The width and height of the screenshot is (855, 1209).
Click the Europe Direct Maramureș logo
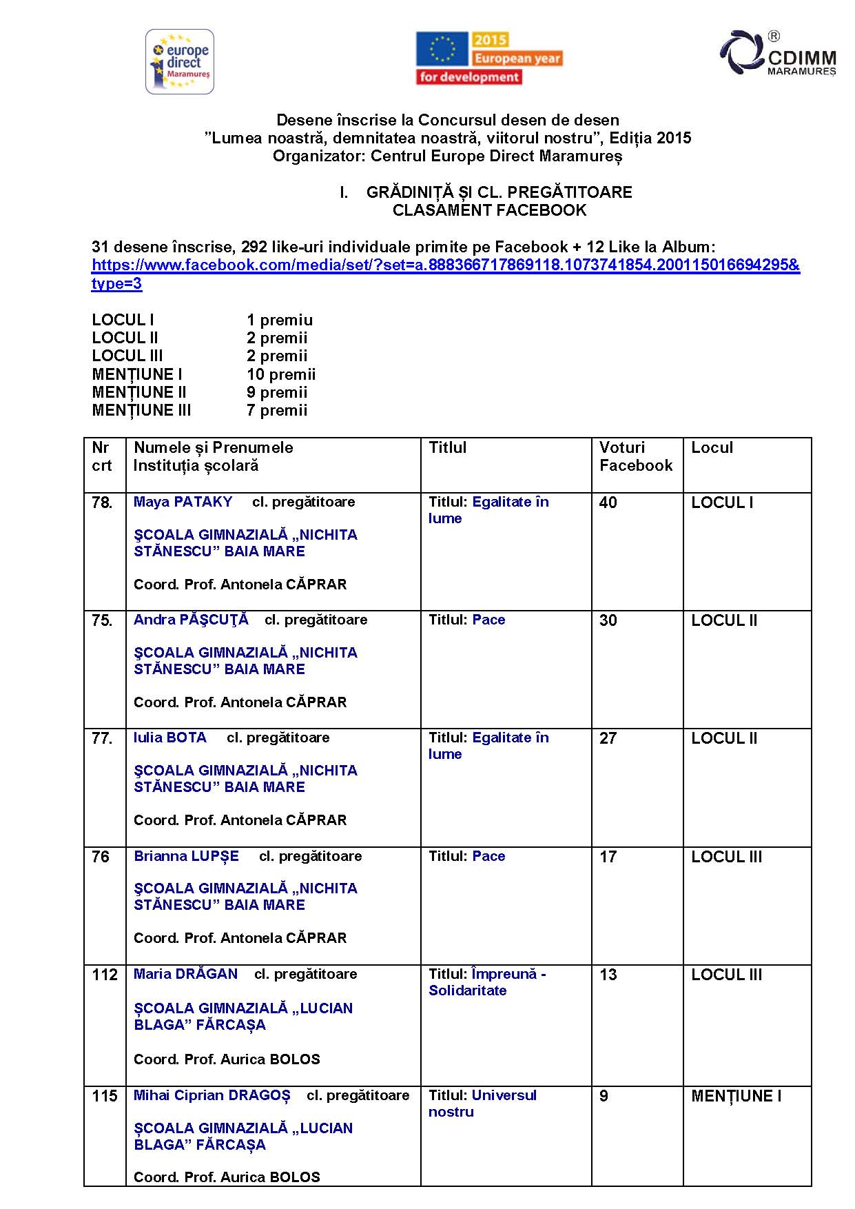click(x=180, y=61)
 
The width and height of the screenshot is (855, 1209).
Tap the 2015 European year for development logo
click(x=489, y=59)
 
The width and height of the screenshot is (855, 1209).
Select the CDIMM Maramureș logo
click(x=778, y=54)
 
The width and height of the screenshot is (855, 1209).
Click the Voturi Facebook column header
click(x=635, y=456)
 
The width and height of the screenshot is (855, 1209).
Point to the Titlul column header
click(x=447, y=448)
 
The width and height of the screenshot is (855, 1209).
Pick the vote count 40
click(x=608, y=502)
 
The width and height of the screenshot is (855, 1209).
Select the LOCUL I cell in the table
click(x=722, y=502)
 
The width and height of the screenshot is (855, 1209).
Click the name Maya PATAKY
click(x=183, y=502)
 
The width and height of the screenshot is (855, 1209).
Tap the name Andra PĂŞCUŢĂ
click(x=191, y=620)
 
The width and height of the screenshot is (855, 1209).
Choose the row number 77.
click(x=101, y=738)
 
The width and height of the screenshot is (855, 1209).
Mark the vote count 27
click(x=608, y=738)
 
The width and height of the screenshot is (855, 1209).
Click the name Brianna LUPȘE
click(x=186, y=856)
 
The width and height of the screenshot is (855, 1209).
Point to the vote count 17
click(x=608, y=857)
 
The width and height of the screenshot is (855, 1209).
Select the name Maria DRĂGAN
click(x=185, y=974)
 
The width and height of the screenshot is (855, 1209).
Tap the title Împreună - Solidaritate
click(x=487, y=982)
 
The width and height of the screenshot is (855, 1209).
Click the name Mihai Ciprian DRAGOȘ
click(x=212, y=1095)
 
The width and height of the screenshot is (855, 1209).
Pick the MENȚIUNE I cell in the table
click(x=736, y=1096)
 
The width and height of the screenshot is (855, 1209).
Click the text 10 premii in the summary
click(x=281, y=374)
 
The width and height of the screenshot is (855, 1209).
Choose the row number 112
click(x=105, y=975)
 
